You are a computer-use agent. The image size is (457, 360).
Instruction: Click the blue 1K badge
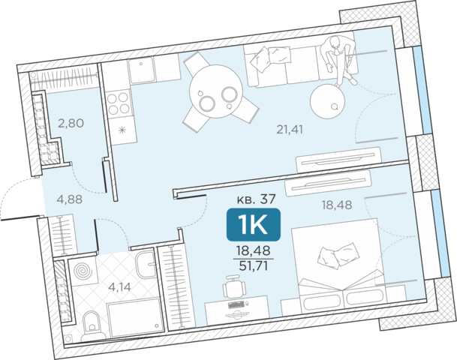[x=254, y=224]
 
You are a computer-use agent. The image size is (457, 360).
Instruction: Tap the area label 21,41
[x=290, y=129]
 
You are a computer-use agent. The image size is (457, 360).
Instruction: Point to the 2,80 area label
[x=71, y=123]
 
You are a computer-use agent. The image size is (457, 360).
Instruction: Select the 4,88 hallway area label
[x=70, y=199]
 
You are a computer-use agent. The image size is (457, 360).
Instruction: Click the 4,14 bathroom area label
[x=119, y=287]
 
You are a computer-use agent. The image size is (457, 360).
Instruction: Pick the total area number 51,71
[x=254, y=265]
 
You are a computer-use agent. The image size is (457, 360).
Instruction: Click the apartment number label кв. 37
[x=256, y=199]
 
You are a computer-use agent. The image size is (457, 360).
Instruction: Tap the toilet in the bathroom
[x=92, y=325]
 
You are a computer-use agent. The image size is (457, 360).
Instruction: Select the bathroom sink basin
[x=146, y=265]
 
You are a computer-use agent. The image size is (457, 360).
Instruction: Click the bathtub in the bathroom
[x=134, y=318]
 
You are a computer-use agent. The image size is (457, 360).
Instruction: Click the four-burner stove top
[x=119, y=103]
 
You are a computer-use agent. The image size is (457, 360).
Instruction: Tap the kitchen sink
[x=143, y=70]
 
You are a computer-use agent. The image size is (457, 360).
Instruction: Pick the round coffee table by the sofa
[x=328, y=101]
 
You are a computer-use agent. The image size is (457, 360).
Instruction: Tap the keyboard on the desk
[x=236, y=304]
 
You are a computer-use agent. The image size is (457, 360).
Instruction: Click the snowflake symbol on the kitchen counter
[x=122, y=130]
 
